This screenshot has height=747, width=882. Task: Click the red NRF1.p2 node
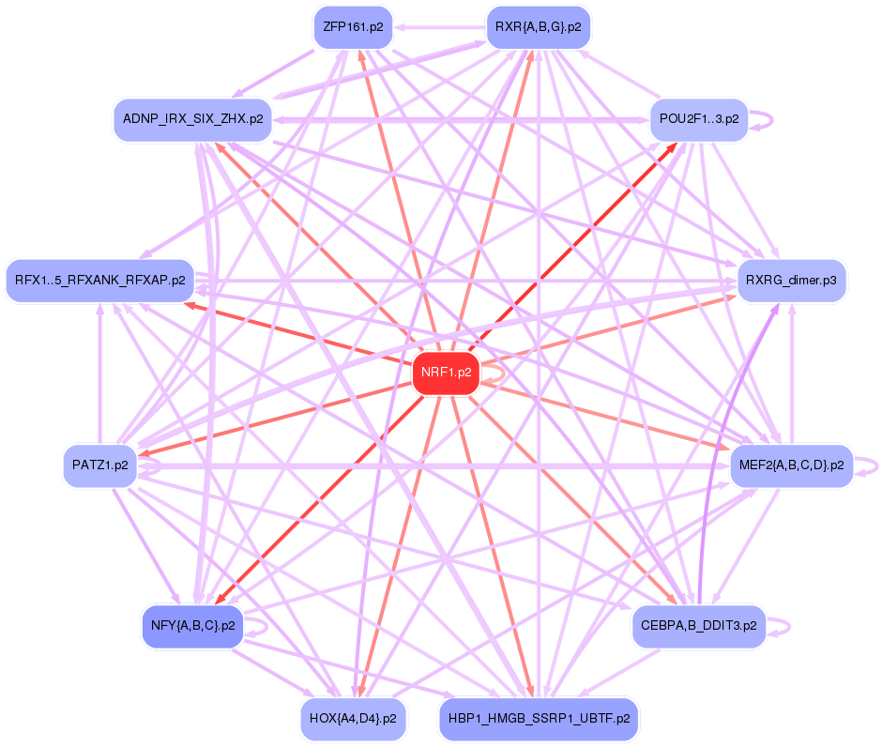pos(446,373)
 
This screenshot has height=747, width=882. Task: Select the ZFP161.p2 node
pos(352,27)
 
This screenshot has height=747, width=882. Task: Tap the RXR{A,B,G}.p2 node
pos(538,27)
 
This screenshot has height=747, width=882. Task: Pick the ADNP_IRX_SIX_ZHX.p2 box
pos(192,119)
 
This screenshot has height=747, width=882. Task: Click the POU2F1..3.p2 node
pos(698,120)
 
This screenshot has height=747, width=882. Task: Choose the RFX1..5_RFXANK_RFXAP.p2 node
pos(99,280)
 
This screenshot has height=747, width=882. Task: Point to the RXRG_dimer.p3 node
pos(792,280)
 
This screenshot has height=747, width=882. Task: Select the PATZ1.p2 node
pos(99,465)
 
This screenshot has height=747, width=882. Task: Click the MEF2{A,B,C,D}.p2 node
pos(791,465)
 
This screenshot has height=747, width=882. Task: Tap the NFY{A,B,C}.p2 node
pos(192,624)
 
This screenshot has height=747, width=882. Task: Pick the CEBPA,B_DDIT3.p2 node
pos(699,624)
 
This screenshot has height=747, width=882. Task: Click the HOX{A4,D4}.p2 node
pos(352,719)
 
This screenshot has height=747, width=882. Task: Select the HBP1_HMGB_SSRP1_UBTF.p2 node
pos(539,719)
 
